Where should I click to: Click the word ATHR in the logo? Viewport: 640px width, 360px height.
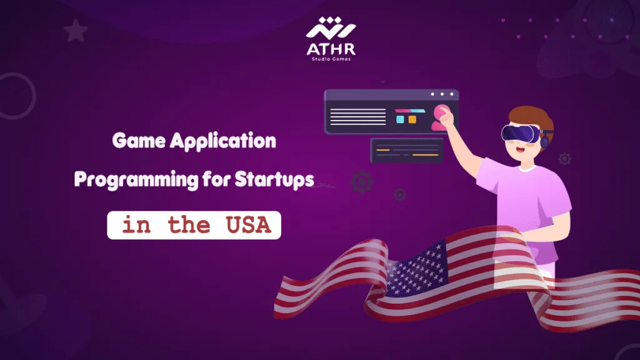(330, 47)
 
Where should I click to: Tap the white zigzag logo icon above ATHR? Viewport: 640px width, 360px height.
(330, 27)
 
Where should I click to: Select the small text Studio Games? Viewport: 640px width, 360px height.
(330, 60)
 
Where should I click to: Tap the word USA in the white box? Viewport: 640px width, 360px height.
(247, 225)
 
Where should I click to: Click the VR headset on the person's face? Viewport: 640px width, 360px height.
(519, 132)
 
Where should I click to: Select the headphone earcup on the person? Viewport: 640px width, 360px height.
(546, 139)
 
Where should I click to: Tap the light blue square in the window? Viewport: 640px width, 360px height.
(400, 119)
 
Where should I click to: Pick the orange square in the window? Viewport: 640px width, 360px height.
(412, 119)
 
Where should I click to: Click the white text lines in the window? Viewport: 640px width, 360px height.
(357, 116)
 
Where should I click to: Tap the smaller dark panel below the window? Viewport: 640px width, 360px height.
(407, 151)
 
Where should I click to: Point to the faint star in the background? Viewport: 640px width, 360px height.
(75, 29)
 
